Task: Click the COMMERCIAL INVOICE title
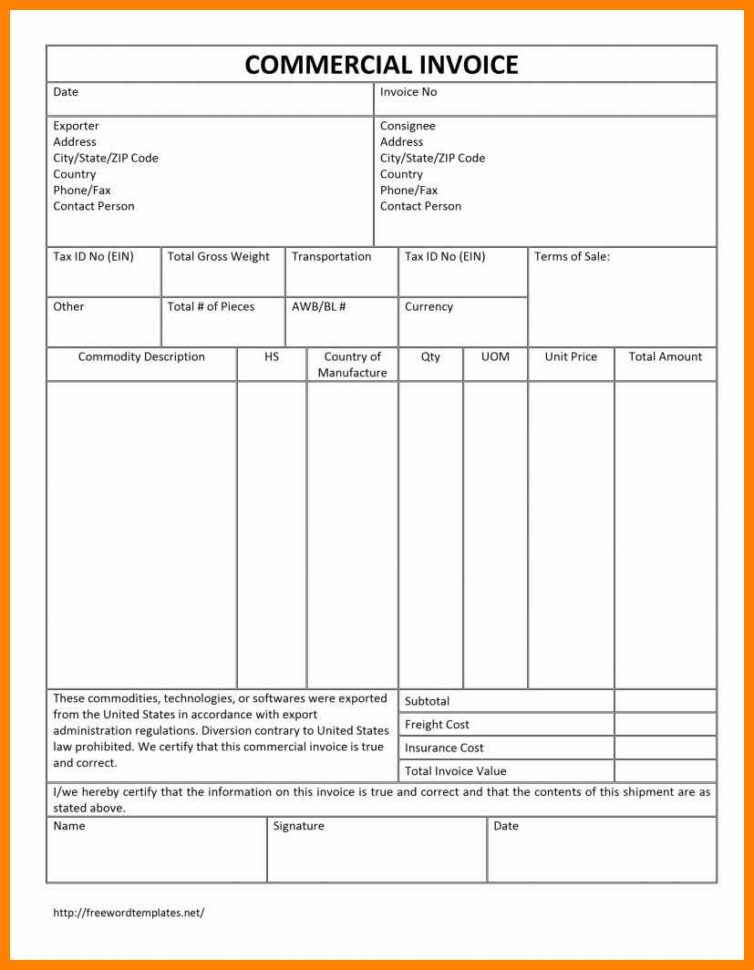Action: pyautogui.click(x=381, y=65)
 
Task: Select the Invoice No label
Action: pyautogui.click(x=408, y=92)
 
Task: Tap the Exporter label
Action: pyautogui.click(x=76, y=126)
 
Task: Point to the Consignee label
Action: pyautogui.click(x=407, y=126)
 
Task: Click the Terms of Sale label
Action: pyautogui.click(x=571, y=257)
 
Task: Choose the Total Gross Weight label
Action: pyautogui.click(x=218, y=257)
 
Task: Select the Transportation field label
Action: pyautogui.click(x=331, y=257)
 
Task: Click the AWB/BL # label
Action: pyautogui.click(x=318, y=307)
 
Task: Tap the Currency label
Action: pyautogui.click(x=428, y=307)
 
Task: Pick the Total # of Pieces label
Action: pyautogui.click(x=210, y=307)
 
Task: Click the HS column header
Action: pyautogui.click(x=271, y=357)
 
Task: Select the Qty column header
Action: pyautogui.click(x=430, y=357)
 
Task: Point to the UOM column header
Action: pyautogui.click(x=495, y=357)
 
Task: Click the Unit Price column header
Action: pyautogui.click(x=570, y=357)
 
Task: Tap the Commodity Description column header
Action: pyautogui.click(x=141, y=357)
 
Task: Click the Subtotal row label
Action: pyautogui.click(x=427, y=702)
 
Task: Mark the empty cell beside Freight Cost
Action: pyautogui.click(x=665, y=725)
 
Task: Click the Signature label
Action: pyautogui.click(x=298, y=827)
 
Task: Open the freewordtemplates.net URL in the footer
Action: pyautogui.click(x=128, y=913)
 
